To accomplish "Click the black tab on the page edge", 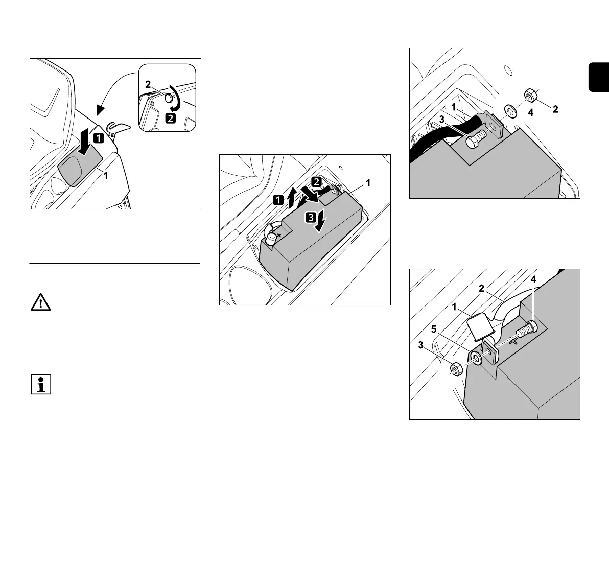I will [599, 77].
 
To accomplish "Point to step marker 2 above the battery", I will [317, 181].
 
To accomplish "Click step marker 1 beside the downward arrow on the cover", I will [98, 137].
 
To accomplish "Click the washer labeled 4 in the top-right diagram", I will [509, 109].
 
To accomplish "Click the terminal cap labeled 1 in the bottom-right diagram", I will [480, 326].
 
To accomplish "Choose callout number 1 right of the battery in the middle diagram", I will [369, 182].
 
